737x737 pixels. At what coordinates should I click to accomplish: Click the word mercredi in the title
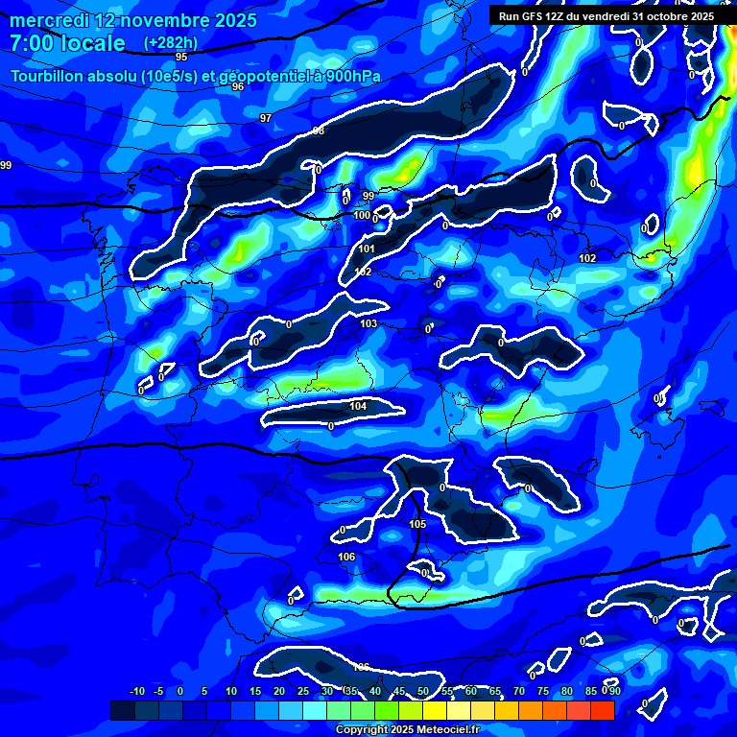[44, 20]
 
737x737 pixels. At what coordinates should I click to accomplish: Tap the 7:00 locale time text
[67, 43]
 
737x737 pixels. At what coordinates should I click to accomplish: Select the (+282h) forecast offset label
[170, 43]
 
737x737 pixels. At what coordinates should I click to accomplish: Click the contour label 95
[181, 58]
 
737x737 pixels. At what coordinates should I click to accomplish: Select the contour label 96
[238, 86]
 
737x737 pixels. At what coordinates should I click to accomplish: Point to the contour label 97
[266, 118]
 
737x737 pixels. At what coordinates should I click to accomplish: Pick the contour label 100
[362, 216]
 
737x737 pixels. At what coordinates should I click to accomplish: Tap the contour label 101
[367, 249]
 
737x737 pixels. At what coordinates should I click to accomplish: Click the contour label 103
[368, 323]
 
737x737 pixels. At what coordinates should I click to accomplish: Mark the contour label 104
[358, 407]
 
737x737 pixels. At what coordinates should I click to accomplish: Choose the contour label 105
[417, 525]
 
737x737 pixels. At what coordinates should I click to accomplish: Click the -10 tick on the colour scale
[136, 692]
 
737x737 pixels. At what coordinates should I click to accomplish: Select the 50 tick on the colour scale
[423, 692]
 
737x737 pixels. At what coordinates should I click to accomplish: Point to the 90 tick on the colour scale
[614, 692]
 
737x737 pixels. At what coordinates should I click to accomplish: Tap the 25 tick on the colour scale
[303, 692]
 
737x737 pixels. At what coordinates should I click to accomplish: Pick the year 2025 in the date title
[235, 20]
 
